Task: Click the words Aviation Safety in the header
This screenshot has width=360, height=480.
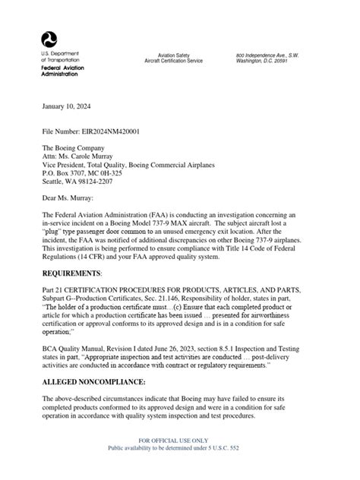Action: (176, 55)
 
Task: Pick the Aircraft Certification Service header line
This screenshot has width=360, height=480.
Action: (176, 61)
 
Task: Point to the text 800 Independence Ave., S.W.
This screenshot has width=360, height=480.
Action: (268, 55)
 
